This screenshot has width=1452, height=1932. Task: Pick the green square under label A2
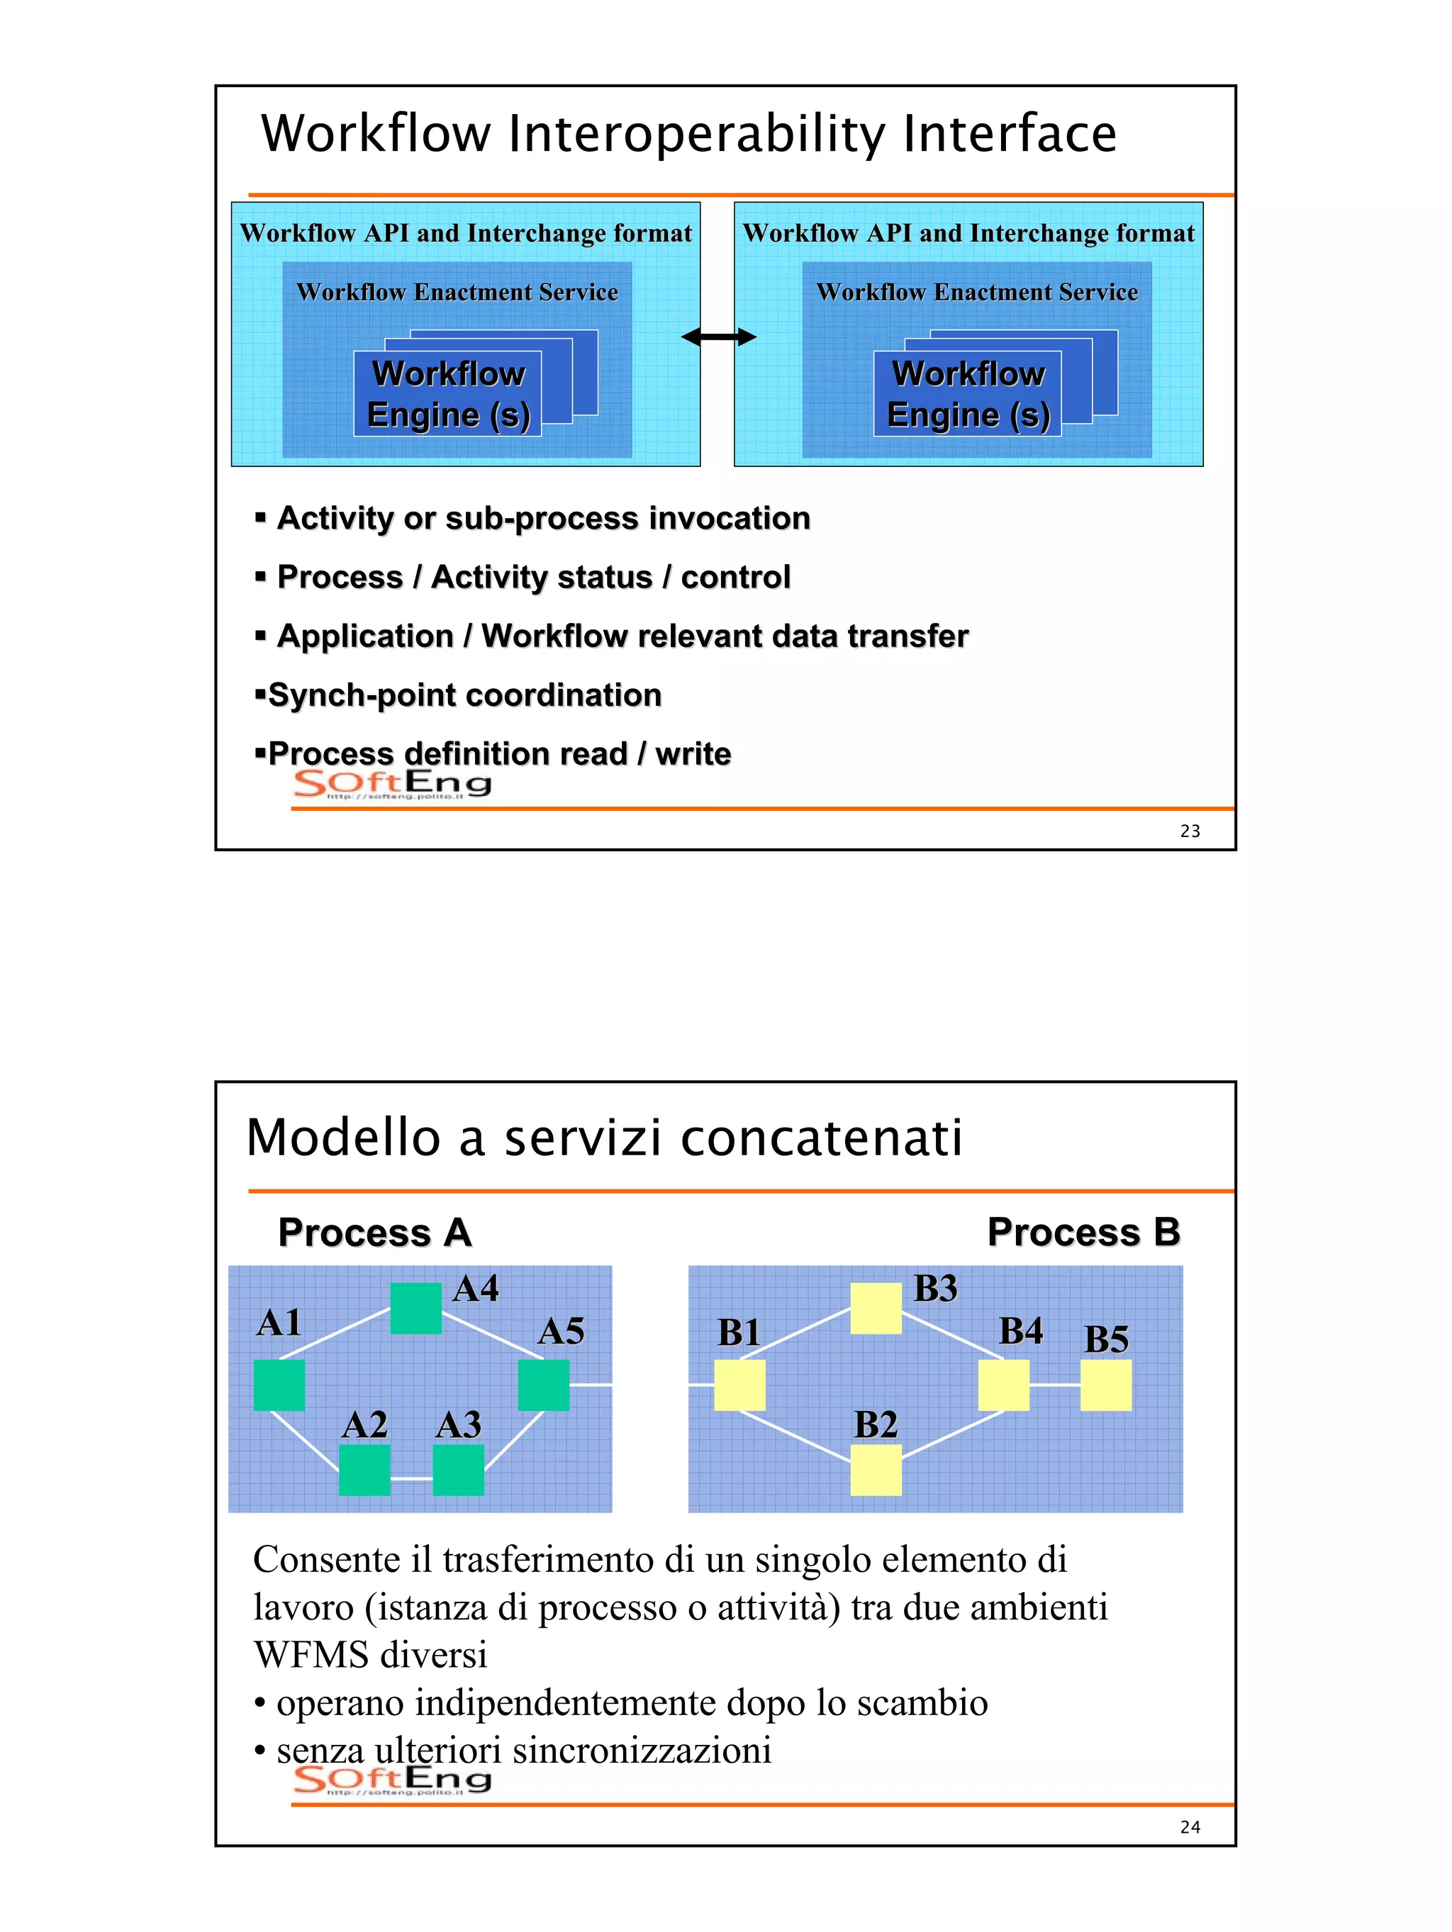(x=364, y=1470)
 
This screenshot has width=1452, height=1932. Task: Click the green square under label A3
(x=458, y=1470)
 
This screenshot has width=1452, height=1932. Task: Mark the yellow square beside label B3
(x=876, y=1308)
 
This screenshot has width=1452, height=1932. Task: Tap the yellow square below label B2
(x=876, y=1470)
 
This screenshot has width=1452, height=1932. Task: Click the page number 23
(x=1190, y=831)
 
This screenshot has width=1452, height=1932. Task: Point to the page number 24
(x=1190, y=1827)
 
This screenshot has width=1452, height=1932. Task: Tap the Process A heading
(x=375, y=1232)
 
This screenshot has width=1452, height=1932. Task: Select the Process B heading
(x=1083, y=1232)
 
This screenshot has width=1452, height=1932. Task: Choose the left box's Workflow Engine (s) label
(x=448, y=394)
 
